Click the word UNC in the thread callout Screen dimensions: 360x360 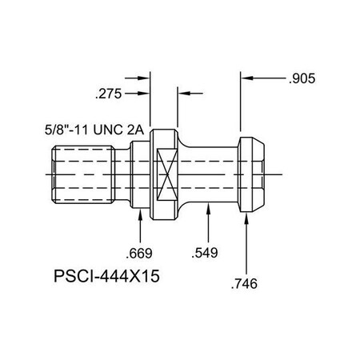(x=122, y=127)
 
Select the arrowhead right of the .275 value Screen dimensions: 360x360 (x=146, y=93)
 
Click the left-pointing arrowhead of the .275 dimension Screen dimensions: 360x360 (x=181, y=93)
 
